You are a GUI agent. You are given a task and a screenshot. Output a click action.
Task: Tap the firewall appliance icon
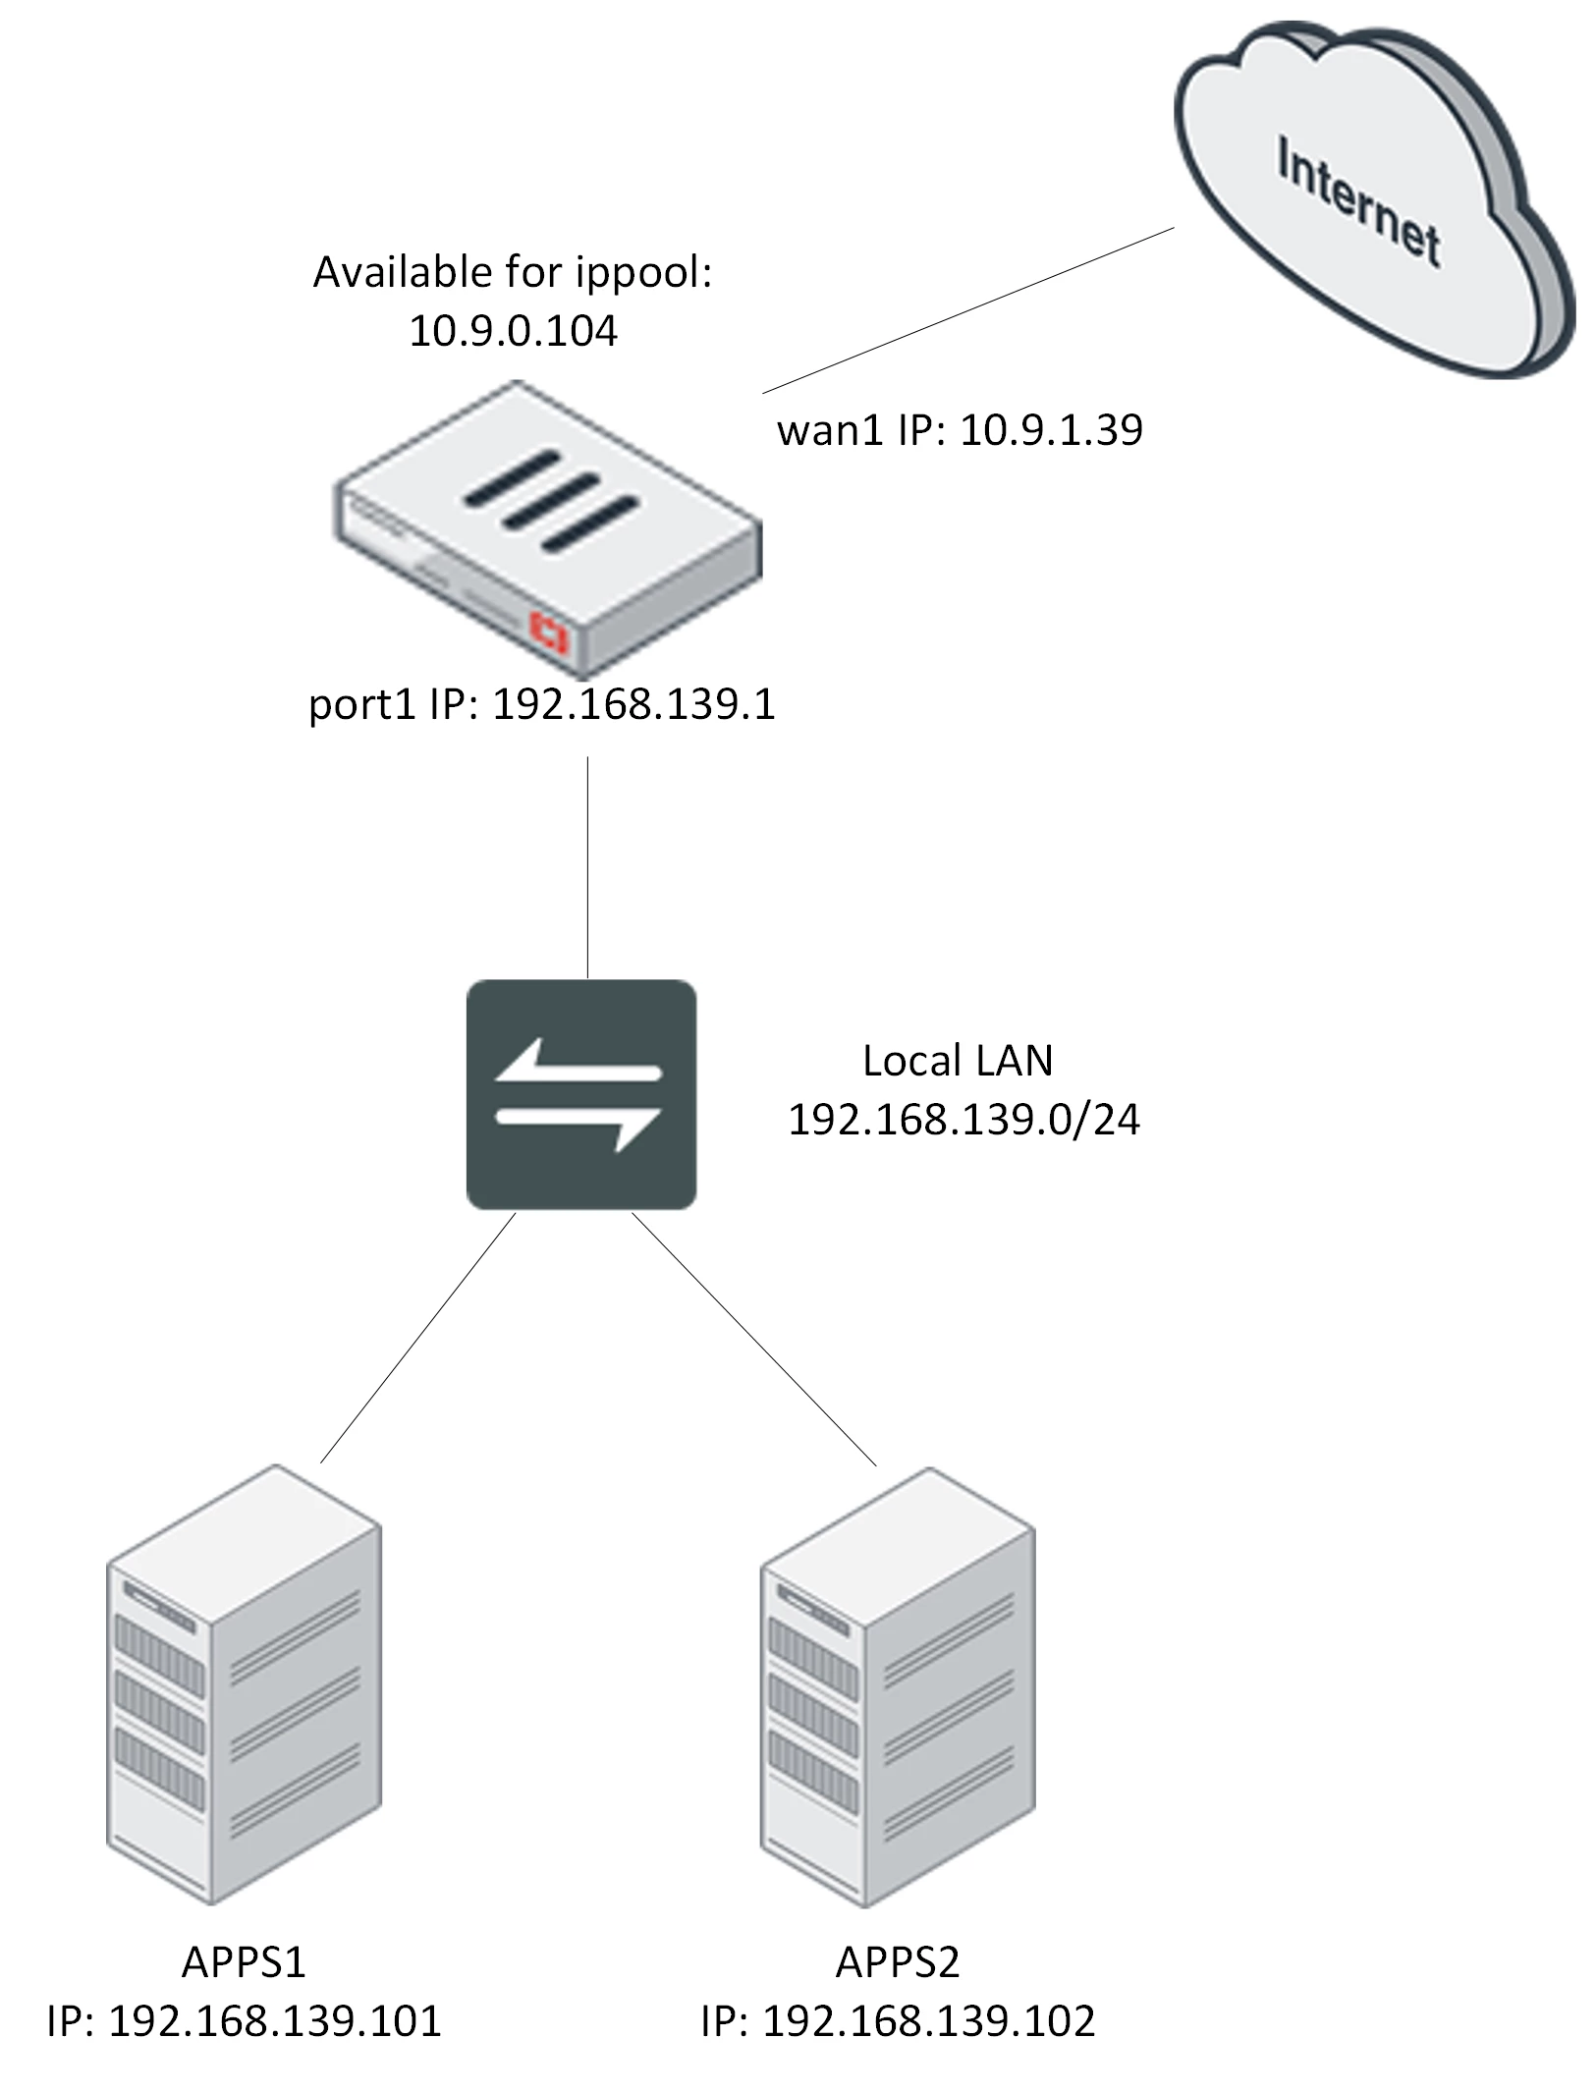click(x=548, y=528)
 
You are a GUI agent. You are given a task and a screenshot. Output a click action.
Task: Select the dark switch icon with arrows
click(x=581, y=1094)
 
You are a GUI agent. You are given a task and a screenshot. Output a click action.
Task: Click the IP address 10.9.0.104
click(x=513, y=331)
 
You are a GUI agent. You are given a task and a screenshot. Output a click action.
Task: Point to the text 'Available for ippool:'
click(x=513, y=273)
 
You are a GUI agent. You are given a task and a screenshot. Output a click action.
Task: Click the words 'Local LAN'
click(x=958, y=1061)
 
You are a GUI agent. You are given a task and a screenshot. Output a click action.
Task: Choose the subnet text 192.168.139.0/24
click(x=963, y=1120)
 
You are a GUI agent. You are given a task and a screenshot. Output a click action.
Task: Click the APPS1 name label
click(x=244, y=1962)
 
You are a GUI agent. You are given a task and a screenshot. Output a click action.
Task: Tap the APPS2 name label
click(x=898, y=1962)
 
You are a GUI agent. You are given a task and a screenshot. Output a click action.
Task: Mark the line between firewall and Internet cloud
click(x=968, y=310)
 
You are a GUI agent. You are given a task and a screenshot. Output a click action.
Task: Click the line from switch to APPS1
click(x=417, y=1338)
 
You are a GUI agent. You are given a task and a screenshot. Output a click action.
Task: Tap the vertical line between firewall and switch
click(x=587, y=867)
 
